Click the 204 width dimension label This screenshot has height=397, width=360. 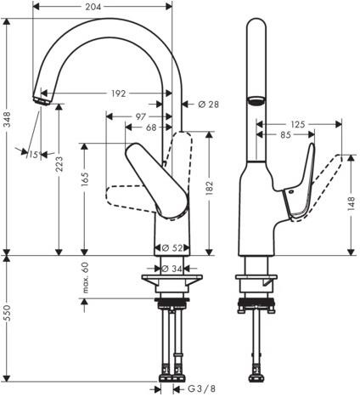(x=93, y=7)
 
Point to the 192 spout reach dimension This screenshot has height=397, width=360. (x=118, y=94)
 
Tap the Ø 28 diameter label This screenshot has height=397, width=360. (x=209, y=105)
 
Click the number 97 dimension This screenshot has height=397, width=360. (x=140, y=116)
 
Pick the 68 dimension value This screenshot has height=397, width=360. (x=151, y=128)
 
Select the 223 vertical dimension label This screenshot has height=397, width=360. (x=59, y=164)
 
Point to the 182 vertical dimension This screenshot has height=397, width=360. (x=209, y=188)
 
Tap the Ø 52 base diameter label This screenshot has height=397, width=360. (x=172, y=248)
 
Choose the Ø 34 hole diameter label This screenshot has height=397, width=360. (x=172, y=268)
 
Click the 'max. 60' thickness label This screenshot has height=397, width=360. (x=85, y=278)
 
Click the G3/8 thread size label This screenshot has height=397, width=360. (x=202, y=388)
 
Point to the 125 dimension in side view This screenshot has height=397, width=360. (x=298, y=124)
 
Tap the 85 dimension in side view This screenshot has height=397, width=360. (x=285, y=135)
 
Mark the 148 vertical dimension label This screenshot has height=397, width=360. (x=351, y=203)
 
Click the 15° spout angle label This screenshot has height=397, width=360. (x=33, y=155)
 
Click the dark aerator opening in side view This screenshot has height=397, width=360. (x=256, y=100)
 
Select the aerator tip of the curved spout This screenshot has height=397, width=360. (x=41, y=101)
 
